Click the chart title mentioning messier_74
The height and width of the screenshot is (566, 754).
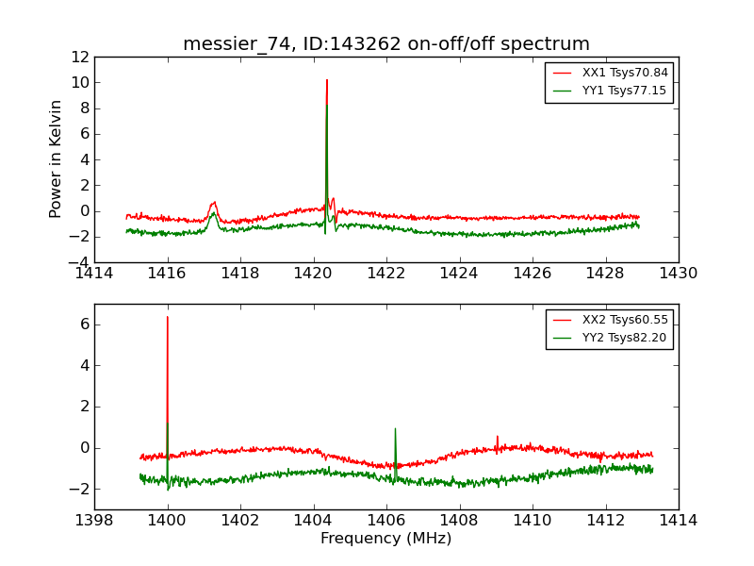tap(386, 44)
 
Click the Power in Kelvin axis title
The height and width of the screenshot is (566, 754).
tap(57, 158)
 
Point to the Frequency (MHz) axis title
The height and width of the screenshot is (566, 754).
tap(386, 539)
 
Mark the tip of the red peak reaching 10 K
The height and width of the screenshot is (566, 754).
tap(327, 80)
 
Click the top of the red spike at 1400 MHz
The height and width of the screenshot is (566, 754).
tap(168, 317)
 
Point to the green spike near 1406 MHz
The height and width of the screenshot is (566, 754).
tap(395, 429)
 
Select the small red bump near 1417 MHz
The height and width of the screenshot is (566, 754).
tap(214, 203)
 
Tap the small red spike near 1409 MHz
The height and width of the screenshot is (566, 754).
tap(498, 437)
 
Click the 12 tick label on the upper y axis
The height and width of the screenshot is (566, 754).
tap(79, 57)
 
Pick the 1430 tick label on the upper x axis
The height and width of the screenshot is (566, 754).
tap(679, 274)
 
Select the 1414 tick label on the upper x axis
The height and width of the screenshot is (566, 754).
tap(94, 274)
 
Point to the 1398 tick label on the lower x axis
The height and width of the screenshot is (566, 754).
tap(94, 521)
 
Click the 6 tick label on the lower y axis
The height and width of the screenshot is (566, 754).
tap(84, 324)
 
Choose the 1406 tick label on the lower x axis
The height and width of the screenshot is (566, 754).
tap(386, 521)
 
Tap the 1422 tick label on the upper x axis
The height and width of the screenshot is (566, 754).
tap(386, 274)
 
